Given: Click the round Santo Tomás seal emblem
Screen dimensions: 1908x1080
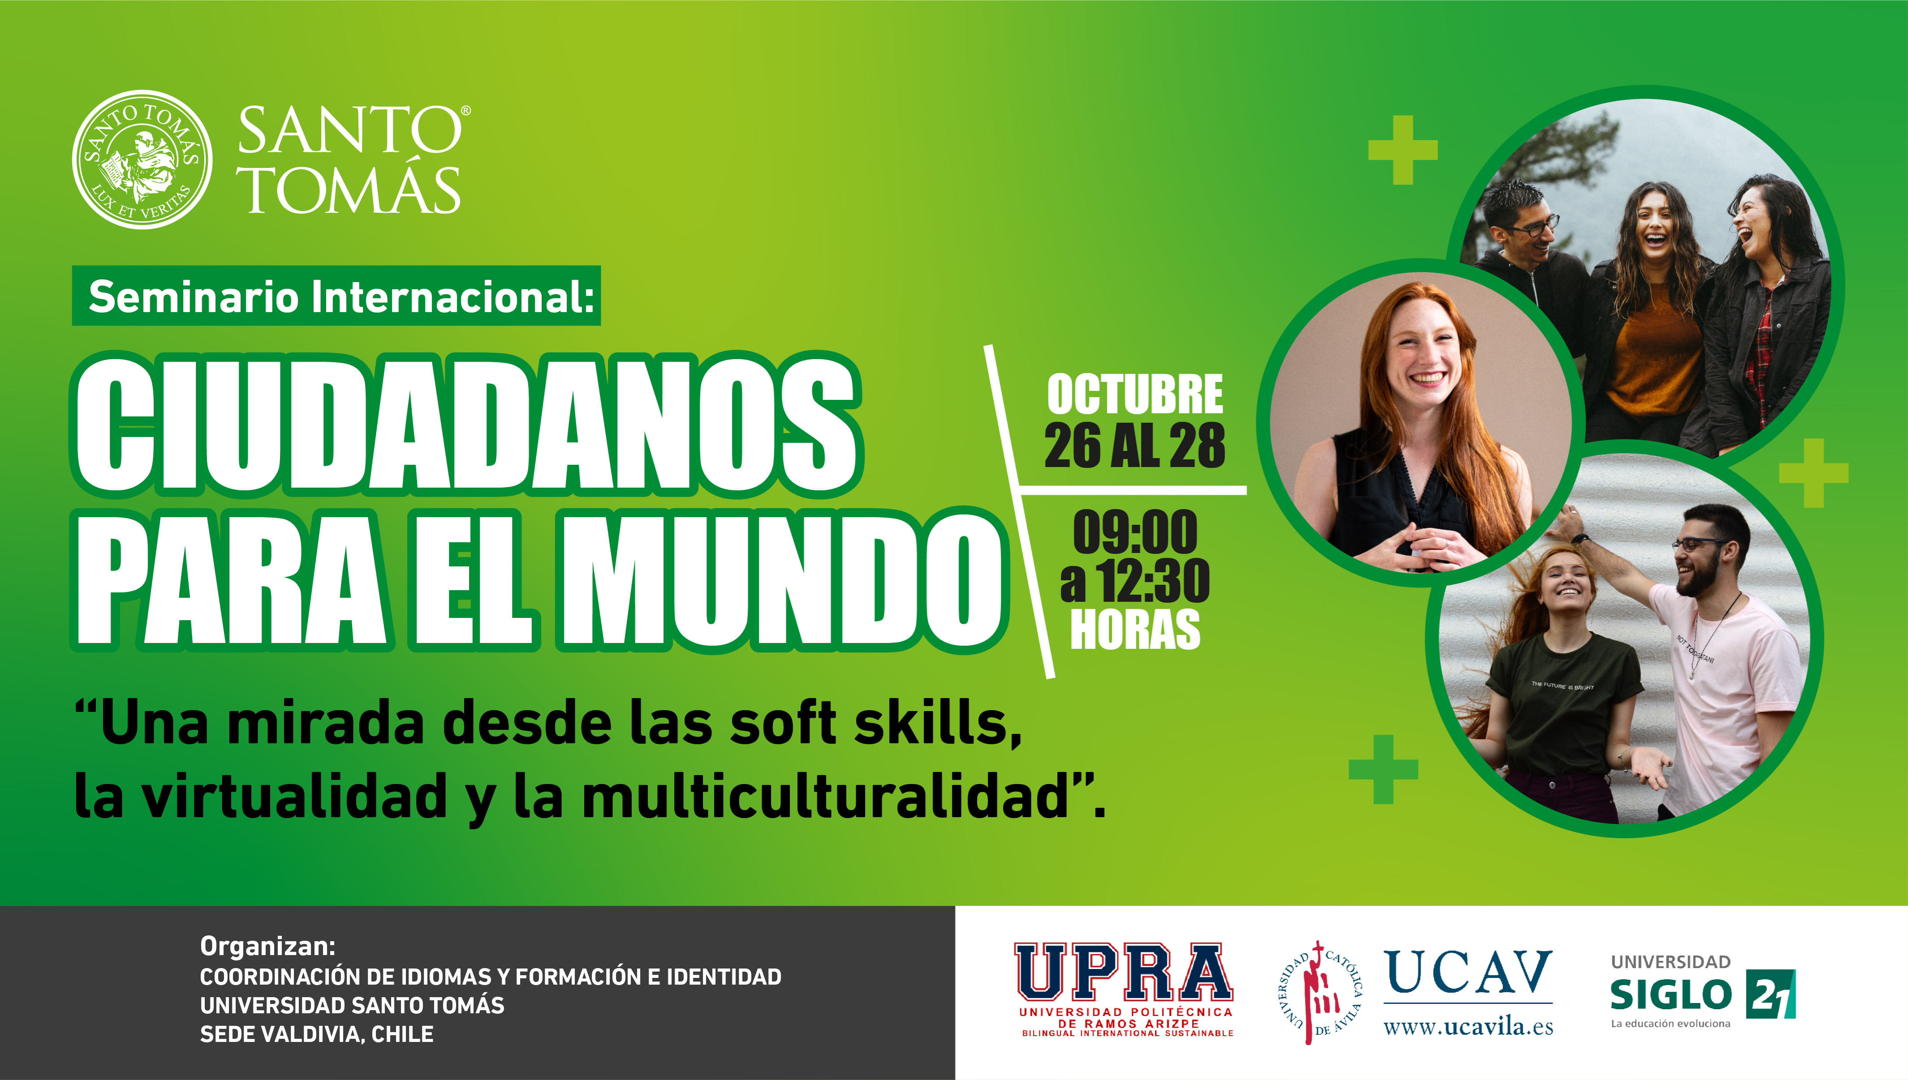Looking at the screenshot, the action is click(x=142, y=159).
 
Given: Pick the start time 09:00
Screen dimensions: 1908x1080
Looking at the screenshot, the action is click(x=1135, y=532).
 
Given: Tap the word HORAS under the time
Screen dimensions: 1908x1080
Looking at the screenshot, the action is click(x=1135, y=629).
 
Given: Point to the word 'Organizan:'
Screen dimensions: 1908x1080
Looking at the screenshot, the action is click(x=268, y=947).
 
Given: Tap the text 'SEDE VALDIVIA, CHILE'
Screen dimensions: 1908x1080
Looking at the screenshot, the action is click(x=317, y=1034).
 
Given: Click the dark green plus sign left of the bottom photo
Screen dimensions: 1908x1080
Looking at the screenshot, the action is click(x=1383, y=769).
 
